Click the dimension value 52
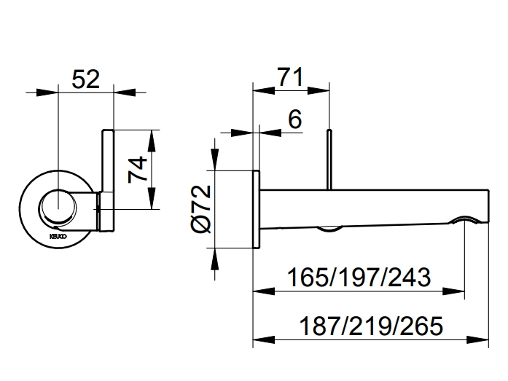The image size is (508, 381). click(x=85, y=79)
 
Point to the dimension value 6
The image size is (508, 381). click(x=294, y=120)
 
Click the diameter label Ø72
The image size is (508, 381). click(x=202, y=209)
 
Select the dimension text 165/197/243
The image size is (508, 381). click(x=358, y=278)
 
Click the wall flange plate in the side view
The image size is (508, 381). click(x=256, y=209)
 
